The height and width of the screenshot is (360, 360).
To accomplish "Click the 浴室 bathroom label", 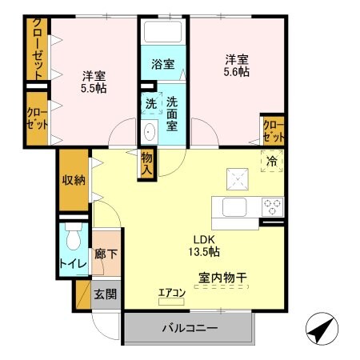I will (163, 64).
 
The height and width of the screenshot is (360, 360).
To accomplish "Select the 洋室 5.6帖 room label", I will (236, 66).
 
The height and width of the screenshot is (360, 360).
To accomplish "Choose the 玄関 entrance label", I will (105, 294).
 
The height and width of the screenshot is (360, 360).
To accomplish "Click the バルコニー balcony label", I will (190, 328).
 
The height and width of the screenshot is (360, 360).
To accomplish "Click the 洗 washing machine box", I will (151, 104).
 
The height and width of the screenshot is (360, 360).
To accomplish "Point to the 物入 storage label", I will (147, 165).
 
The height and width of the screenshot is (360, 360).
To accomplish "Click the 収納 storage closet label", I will (74, 179).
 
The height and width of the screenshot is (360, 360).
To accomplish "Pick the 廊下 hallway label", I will (105, 253).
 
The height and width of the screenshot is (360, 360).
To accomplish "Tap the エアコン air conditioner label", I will (170, 292).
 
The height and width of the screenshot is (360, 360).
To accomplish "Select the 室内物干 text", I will (222, 278).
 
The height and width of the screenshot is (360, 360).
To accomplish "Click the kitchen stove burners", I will (273, 206).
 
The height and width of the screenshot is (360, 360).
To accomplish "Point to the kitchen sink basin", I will (236, 207).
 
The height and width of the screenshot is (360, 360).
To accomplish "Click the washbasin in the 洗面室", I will (149, 131).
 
